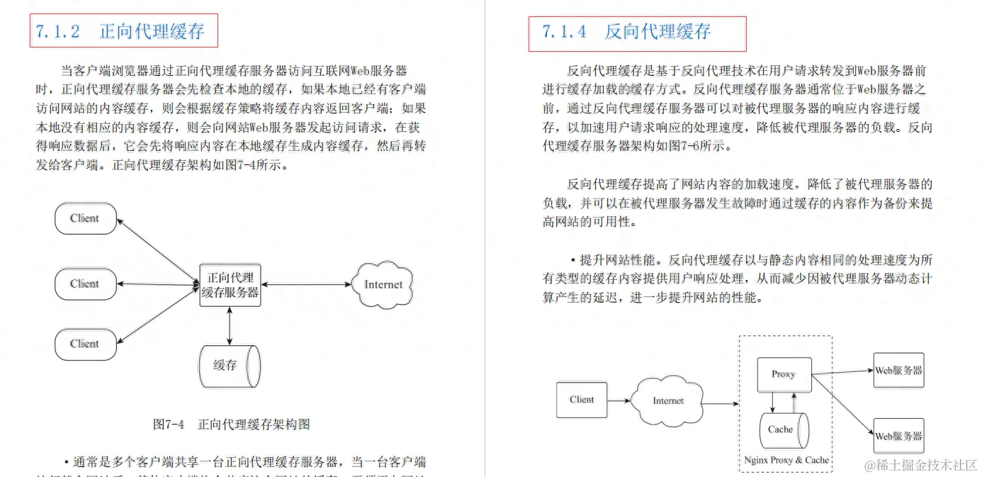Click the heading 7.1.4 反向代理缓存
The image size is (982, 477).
coord(626,32)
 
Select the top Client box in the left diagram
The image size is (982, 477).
coord(85,218)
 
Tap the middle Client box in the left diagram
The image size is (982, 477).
coord(85,284)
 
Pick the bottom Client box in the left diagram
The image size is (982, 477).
coord(85,344)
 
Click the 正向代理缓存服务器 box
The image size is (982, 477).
coord(230,285)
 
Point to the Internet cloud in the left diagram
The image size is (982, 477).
coord(383,285)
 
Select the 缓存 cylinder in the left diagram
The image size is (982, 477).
coord(229,366)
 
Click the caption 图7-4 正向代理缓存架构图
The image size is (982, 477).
coord(231,425)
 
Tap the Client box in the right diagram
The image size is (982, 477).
coord(582,400)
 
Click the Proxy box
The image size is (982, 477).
coord(783,374)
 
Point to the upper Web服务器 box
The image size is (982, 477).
coord(898,370)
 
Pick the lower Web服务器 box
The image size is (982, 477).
coord(898,436)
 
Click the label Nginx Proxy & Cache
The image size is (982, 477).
coord(786,460)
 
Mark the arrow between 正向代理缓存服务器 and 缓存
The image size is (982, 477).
coord(230,325)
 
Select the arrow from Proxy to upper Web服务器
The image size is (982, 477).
coord(842,371)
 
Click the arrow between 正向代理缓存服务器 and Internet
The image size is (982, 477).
coord(306,285)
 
